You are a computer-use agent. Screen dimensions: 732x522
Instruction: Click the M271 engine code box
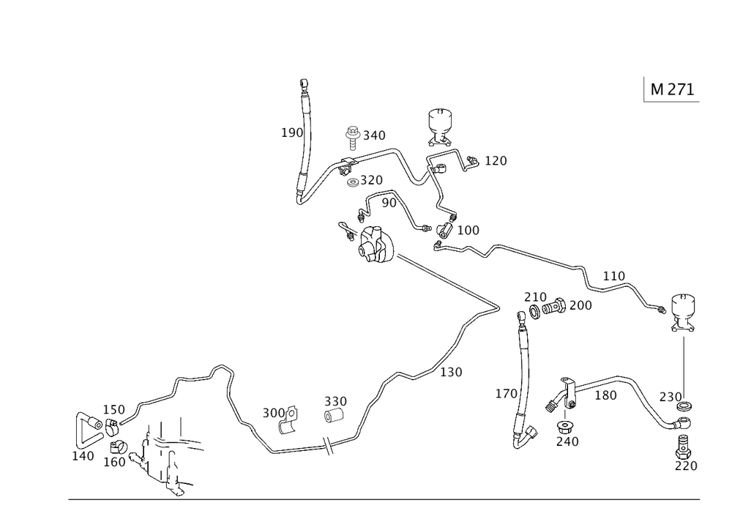(x=672, y=89)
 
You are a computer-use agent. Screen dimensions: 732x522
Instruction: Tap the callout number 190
(x=292, y=133)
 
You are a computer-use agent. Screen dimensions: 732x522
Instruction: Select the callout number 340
(x=374, y=135)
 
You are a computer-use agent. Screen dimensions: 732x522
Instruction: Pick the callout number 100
(x=468, y=231)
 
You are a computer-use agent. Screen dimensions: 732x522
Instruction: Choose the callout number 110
(x=614, y=276)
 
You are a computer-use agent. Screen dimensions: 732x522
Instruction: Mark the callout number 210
(x=535, y=297)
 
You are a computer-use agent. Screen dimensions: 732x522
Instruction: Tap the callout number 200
(x=579, y=305)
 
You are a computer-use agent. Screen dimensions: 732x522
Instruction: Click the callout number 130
(x=451, y=372)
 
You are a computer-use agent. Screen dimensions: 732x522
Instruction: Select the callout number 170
(x=496, y=161)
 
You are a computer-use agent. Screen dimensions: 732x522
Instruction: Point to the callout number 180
(x=605, y=395)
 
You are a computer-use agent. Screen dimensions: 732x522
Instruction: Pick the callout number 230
(x=671, y=396)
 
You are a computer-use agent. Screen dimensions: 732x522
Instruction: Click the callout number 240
(x=567, y=441)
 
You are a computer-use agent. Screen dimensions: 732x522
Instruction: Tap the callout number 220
(x=687, y=466)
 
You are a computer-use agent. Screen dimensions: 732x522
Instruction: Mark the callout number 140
(x=83, y=455)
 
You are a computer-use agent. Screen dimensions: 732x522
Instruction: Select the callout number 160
(x=114, y=462)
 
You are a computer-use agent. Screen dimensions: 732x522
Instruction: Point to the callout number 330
(x=336, y=402)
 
